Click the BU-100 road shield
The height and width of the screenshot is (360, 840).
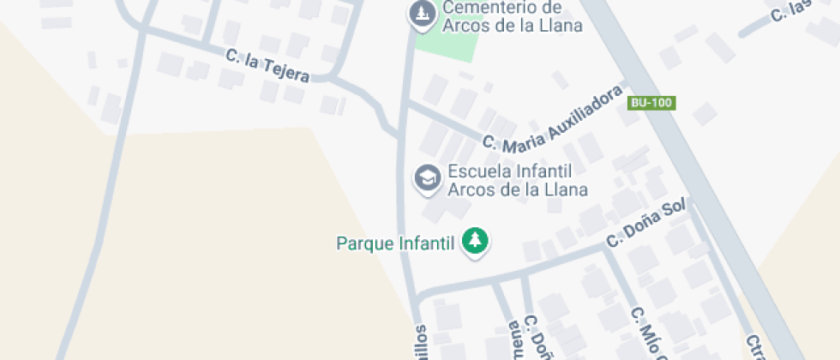(x=652, y=103)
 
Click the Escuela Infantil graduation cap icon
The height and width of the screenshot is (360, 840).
(x=426, y=178)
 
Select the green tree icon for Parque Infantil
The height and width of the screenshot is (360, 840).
(x=474, y=241)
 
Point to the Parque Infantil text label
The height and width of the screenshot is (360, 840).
(x=394, y=243)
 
